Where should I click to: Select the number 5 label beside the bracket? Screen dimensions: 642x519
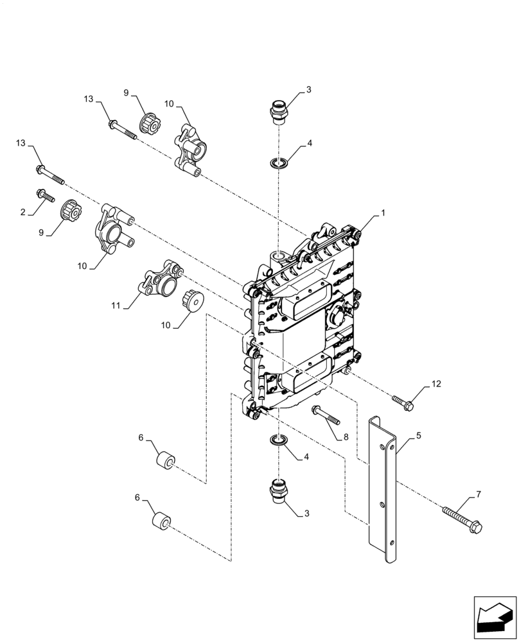(x=419, y=435)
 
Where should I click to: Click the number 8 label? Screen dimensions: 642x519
(x=346, y=437)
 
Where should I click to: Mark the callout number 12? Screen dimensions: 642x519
(x=436, y=385)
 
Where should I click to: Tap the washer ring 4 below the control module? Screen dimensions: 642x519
(x=277, y=440)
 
